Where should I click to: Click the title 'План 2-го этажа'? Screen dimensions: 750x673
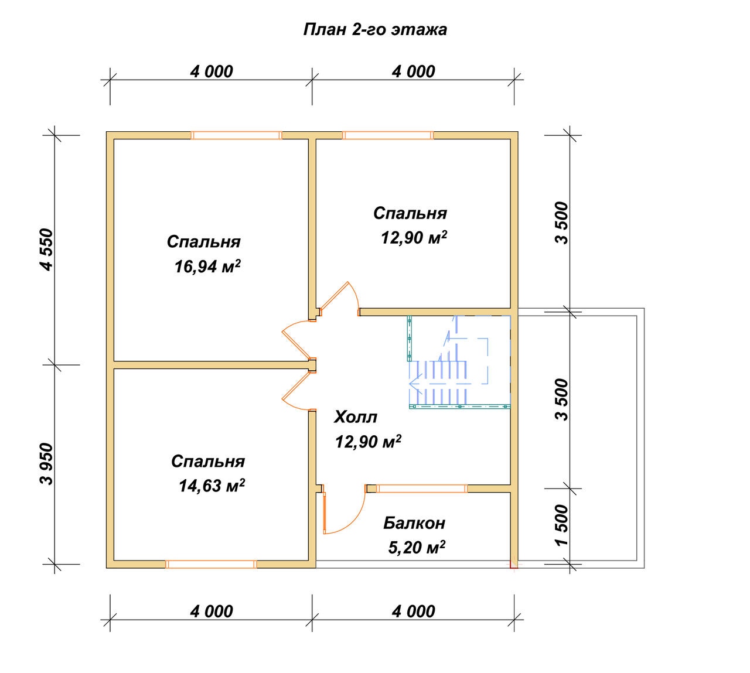click(x=375, y=30)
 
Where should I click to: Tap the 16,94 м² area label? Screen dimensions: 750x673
click(x=207, y=266)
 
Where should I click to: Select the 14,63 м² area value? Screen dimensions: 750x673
click(x=212, y=486)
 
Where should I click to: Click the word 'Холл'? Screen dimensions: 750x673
click(x=356, y=417)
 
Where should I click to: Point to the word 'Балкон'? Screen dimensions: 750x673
click(x=414, y=523)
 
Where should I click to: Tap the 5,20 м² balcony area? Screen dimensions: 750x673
click(x=417, y=547)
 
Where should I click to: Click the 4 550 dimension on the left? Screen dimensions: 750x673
click(x=48, y=250)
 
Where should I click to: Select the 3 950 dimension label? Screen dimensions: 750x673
click(x=48, y=464)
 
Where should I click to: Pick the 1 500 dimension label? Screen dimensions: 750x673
click(x=561, y=525)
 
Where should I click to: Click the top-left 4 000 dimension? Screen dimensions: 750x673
click(x=212, y=71)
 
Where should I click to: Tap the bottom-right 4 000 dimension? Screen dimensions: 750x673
click(x=414, y=611)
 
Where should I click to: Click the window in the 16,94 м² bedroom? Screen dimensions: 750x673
click(x=236, y=135)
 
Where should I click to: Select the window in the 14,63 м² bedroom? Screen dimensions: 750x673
click(x=211, y=564)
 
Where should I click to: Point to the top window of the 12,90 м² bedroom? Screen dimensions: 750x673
click(x=387, y=135)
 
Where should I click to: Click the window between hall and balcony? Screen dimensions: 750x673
click(x=422, y=488)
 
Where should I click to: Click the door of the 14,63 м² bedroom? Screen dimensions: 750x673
click(x=296, y=392)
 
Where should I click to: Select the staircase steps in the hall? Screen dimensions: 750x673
click(x=438, y=383)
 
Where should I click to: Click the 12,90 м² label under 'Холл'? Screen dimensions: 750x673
click(x=369, y=442)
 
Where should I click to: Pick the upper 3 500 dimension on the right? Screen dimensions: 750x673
click(x=561, y=223)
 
